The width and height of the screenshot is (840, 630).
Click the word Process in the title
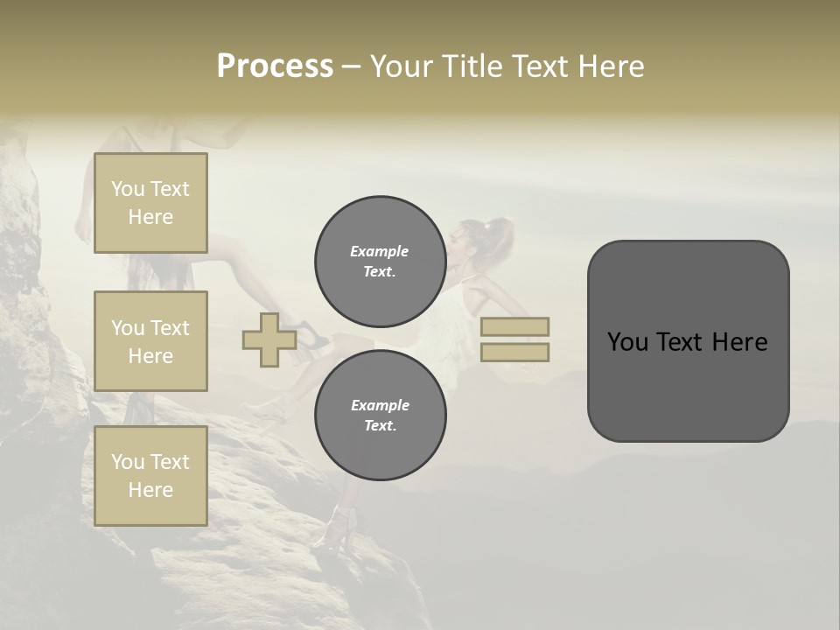tap(275, 66)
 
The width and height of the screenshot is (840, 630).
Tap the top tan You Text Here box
tap(150, 203)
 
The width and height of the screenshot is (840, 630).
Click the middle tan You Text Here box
tap(150, 341)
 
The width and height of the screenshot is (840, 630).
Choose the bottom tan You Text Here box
tap(150, 476)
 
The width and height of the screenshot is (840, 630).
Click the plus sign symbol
tap(269, 340)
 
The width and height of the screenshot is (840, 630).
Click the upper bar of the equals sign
tap(514, 326)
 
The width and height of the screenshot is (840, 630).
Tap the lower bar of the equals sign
tap(514, 353)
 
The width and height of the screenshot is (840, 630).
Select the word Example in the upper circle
tap(380, 251)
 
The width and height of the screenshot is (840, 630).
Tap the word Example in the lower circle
tap(380, 405)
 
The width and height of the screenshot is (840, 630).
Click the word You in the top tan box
tap(128, 189)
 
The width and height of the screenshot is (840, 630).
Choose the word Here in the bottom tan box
tap(150, 490)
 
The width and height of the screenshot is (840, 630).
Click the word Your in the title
tap(401, 66)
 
